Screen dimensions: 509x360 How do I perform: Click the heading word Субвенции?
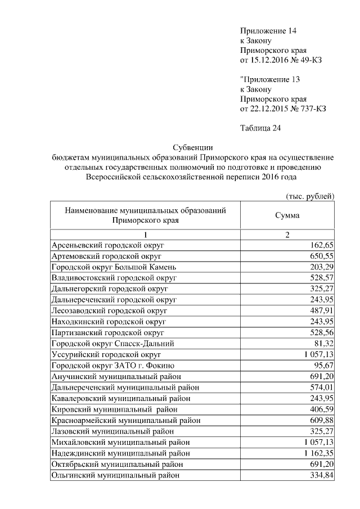click(191, 147)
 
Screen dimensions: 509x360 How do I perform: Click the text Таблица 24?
click(260, 128)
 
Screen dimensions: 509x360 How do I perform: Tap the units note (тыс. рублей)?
click(308, 196)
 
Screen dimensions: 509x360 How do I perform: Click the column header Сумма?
click(287, 215)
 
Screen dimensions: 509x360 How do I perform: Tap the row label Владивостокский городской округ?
click(114, 278)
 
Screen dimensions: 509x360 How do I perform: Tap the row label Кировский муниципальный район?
click(114, 409)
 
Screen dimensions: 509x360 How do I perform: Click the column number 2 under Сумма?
click(287, 234)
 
